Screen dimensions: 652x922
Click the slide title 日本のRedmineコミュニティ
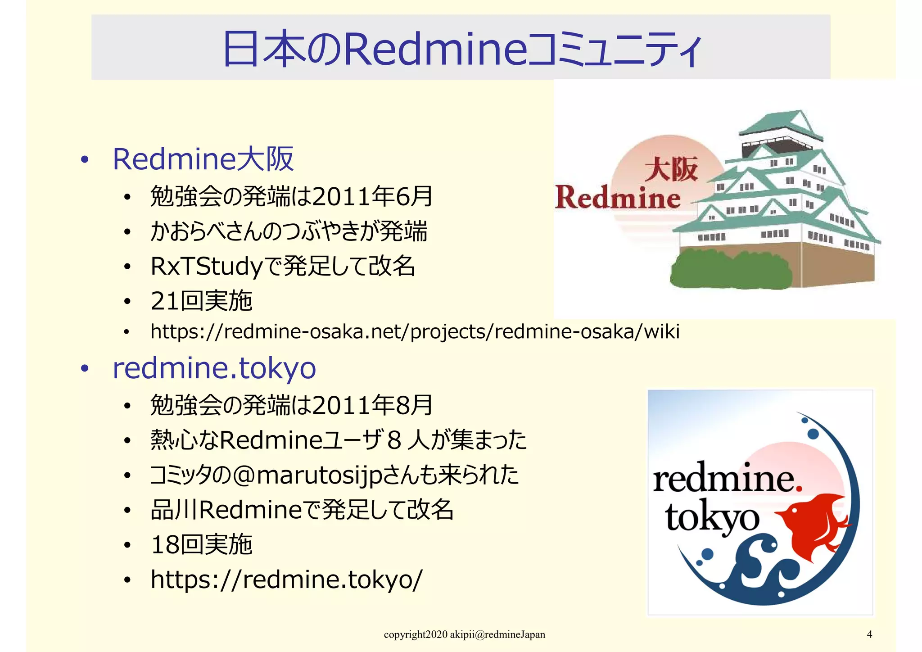[461, 49]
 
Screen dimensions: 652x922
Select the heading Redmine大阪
[203, 159]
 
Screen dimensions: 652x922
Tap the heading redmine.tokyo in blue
[214, 368]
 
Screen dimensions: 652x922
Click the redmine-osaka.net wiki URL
[415, 332]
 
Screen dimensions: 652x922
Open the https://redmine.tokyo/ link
[287, 580]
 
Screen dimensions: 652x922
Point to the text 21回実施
[201, 301]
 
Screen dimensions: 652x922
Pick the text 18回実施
[201, 545]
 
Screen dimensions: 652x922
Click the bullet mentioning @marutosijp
[334, 475]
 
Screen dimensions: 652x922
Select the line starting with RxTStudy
[283, 266]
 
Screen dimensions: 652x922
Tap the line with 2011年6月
[291, 196]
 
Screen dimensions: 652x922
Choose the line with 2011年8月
[291, 405]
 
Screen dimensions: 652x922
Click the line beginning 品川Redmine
[302, 510]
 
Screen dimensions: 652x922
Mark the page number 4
[869, 634]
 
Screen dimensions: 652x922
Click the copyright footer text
[464, 635]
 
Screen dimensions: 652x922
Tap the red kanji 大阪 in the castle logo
[671, 169]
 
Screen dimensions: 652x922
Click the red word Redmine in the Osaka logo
[618, 198]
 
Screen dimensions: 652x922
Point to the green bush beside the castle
[729, 270]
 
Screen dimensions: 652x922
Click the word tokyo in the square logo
[711, 518]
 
